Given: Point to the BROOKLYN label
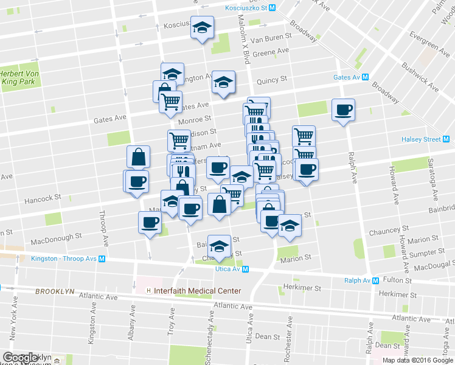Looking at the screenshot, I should (55, 291).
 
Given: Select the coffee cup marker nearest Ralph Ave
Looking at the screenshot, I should (343, 110).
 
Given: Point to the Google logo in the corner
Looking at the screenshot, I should (19, 358).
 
